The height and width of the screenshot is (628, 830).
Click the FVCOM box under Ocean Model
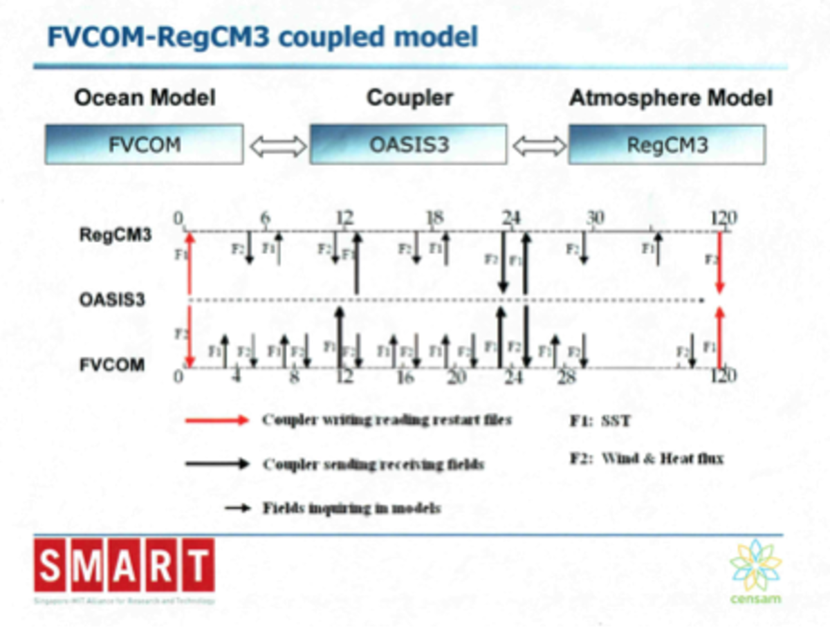click(x=144, y=145)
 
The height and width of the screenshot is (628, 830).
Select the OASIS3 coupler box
click(x=409, y=145)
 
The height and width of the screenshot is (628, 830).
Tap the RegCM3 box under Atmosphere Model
click(x=667, y=145)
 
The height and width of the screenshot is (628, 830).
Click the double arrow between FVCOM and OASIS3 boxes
click(x=277, y=145)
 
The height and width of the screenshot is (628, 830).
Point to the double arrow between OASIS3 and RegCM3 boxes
click(x=538, y=145)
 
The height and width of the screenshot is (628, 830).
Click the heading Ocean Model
click(x=145, y=98)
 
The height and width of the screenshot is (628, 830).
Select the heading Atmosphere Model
click(x=670, y=98)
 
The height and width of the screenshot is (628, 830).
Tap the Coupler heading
click(x=409, y=98)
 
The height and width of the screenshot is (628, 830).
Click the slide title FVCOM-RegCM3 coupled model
click(x=262, y=37)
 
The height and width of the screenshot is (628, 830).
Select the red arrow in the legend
click(x=216, y=421)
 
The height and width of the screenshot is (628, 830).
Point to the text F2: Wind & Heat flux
click(x=646, y=458)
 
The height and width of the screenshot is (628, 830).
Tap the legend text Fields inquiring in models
click(x=351, y=508)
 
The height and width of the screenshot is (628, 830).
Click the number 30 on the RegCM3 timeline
click(x=595, y=219)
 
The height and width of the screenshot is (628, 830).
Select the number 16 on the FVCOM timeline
click(x=405, y=377)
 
